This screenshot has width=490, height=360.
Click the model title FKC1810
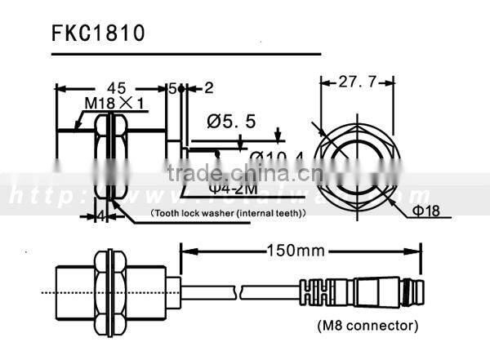tap(98, 33)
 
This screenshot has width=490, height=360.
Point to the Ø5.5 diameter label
tap(232, 121)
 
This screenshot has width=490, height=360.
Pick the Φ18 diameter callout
tap(425, 211)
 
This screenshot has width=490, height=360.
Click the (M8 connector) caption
tap(367, 325)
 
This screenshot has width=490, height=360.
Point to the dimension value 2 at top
tap(209, 87)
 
